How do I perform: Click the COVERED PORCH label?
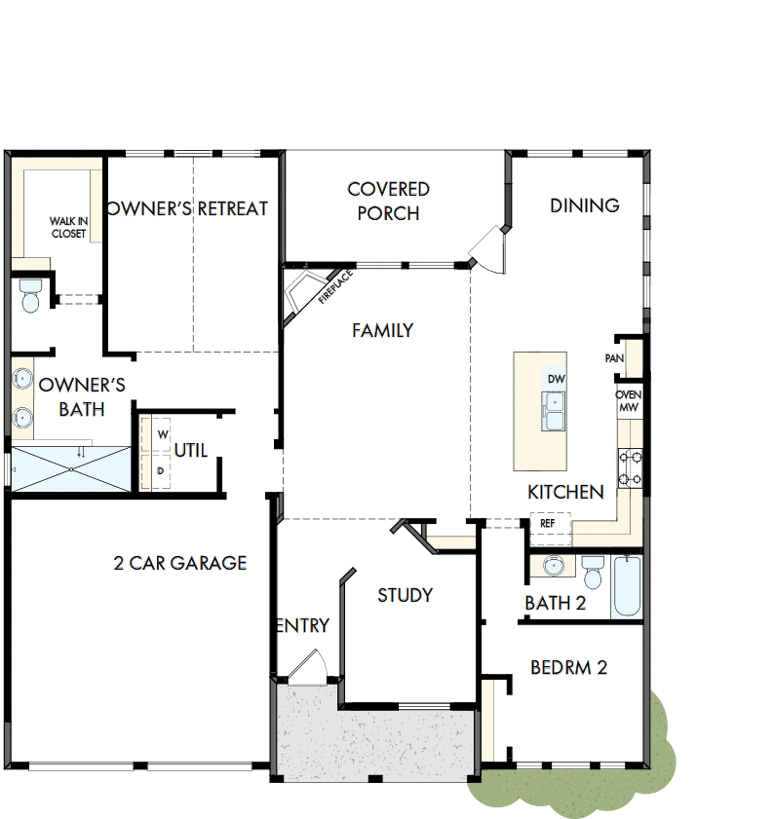pyautogui.click(x=388, y=201)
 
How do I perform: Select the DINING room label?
pyautogui.click(x=584, y=205)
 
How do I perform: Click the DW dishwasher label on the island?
pyautogui.click(x=556, y=379)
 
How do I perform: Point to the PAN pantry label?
pyautogui.click(x=614, y=358)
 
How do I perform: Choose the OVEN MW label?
pyautogui.click(x=628, y=401)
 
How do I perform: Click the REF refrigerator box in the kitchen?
pyautogui.click(x=547, y=523)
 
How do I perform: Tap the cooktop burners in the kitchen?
pyautogui.click(x=629, y=466)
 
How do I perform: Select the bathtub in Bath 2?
pyautogui.click(x=627, y=586)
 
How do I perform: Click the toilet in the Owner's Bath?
pyautogui.click(x=30, y=295)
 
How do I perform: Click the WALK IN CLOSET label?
pyautogui.click(x=68, y=228)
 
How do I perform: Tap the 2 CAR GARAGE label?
pyautogui.click(x=180, y=563)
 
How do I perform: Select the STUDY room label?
pyautogui.click(x=405, y=595)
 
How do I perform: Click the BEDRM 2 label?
pyautogui.click(x=568, y=667)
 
